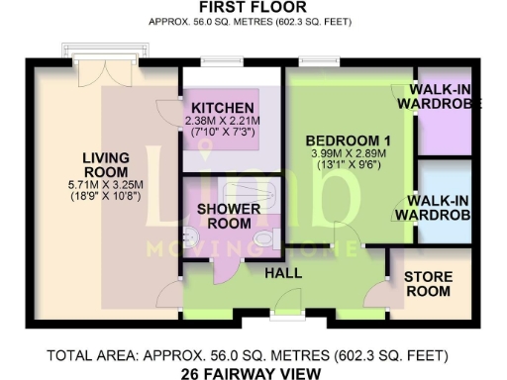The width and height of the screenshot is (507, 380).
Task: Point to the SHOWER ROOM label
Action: pos(230,216)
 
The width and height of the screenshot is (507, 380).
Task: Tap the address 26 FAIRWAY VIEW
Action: pos(253,373)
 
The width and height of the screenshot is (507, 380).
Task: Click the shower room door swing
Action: pos(225,265)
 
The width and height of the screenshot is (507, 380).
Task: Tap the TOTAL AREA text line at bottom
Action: pos(253,355)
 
